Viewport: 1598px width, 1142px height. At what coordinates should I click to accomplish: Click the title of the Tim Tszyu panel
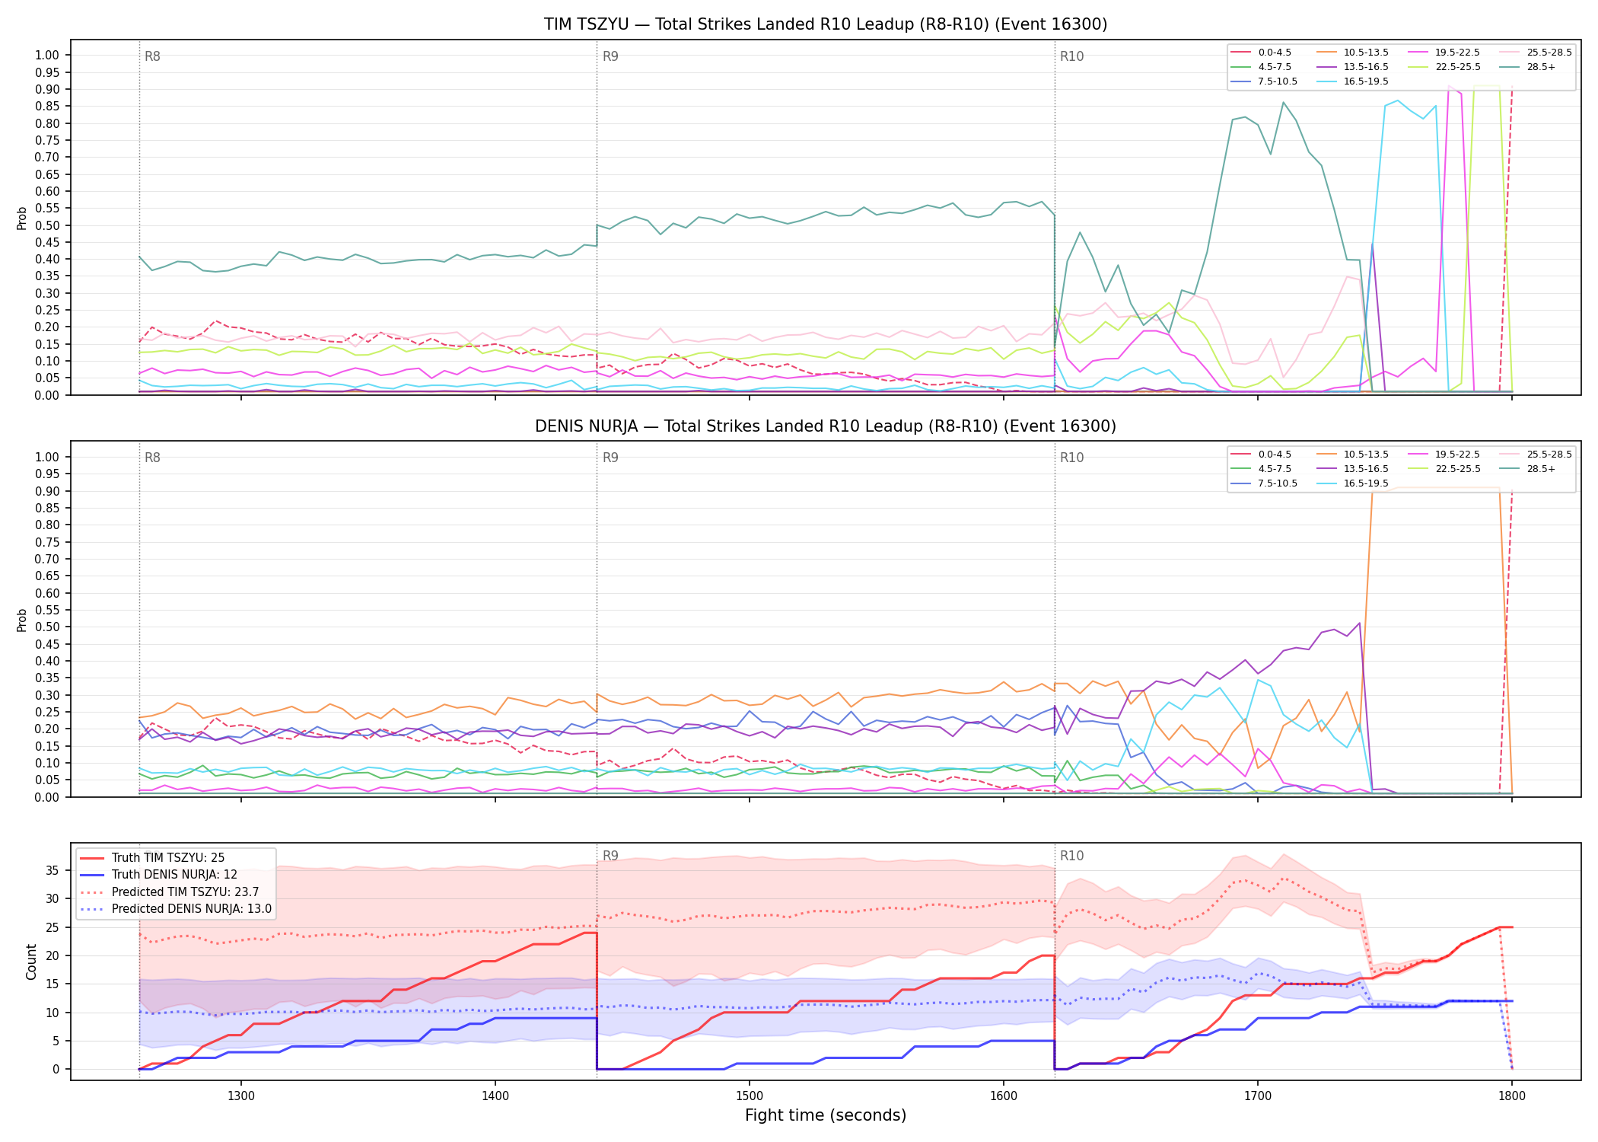tap(826, 24)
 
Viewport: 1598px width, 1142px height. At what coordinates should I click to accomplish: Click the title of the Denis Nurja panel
tap(826, 426)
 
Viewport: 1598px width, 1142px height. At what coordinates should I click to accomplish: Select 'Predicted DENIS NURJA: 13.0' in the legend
tap(176, 908)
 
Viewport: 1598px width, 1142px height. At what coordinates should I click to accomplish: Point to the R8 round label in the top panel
tap(152, 56)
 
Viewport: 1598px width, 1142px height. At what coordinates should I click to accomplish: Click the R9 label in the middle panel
tap(610, 458)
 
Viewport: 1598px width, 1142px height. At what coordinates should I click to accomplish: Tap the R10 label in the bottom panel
tap(1071, 856)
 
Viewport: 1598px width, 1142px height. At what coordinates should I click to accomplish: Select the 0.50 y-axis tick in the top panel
tap(47, 225)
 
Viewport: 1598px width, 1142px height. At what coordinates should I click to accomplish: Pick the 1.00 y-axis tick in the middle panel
tap(47, 457)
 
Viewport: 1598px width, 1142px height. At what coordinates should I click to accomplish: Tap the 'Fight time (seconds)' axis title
tap(826, 1115)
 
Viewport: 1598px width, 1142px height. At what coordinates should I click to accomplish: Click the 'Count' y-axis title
tap(31, 962)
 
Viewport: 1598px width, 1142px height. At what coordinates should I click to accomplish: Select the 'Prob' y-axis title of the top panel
tap(22, 218)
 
